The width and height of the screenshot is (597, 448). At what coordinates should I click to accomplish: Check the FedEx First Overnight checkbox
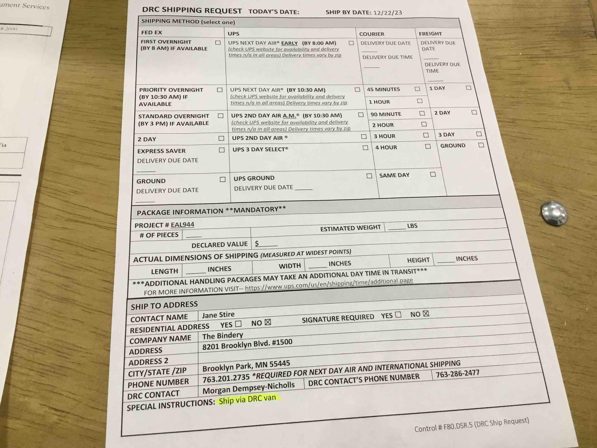tap(218, 43)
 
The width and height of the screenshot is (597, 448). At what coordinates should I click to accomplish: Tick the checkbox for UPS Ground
tap(369, 176)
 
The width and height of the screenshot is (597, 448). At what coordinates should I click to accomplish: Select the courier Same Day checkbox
tap(433, 174)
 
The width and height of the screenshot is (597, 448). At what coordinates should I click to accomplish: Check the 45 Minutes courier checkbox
tap(417, 89)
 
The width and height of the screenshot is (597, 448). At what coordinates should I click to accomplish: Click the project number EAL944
tap(182, 224)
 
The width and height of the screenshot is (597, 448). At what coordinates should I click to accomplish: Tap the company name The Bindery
tap(222, 336)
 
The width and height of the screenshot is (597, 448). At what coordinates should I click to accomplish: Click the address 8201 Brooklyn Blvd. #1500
tap(247, 344)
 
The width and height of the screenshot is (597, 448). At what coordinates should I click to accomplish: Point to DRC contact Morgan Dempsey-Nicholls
tap(248, 388)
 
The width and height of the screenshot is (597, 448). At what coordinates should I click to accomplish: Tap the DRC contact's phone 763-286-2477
tap(457, 374)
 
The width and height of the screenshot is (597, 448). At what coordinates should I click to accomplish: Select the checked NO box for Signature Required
tap(426, 313)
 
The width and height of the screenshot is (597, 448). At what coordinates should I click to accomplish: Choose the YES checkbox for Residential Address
tap(238, 324)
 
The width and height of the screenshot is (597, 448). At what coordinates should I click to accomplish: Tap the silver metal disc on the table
tap(554, 213)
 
